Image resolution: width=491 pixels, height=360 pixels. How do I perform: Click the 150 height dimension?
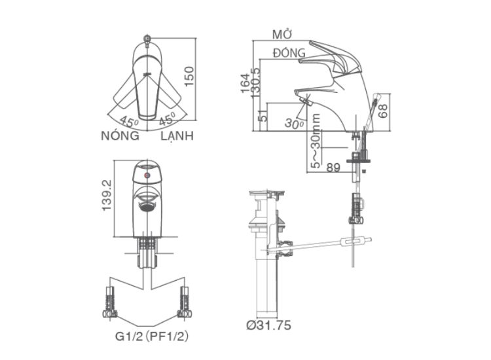click(x=189, y=77)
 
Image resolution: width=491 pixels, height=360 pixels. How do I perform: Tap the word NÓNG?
click(x=120, y=135)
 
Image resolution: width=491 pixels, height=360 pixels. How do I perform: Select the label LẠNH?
click(x=177, y=136)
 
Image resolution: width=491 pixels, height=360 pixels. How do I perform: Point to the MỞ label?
click(x=282, y=35)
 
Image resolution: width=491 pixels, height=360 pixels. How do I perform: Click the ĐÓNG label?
click(x=289, y=52)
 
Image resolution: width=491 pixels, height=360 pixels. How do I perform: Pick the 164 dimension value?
click(x=245, y=83)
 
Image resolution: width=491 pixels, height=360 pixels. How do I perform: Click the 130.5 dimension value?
click(x=255, y=83)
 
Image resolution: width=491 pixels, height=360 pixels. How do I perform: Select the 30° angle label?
click(x=294, y=123)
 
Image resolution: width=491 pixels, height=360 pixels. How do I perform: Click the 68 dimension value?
click(x=382, y=111)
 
